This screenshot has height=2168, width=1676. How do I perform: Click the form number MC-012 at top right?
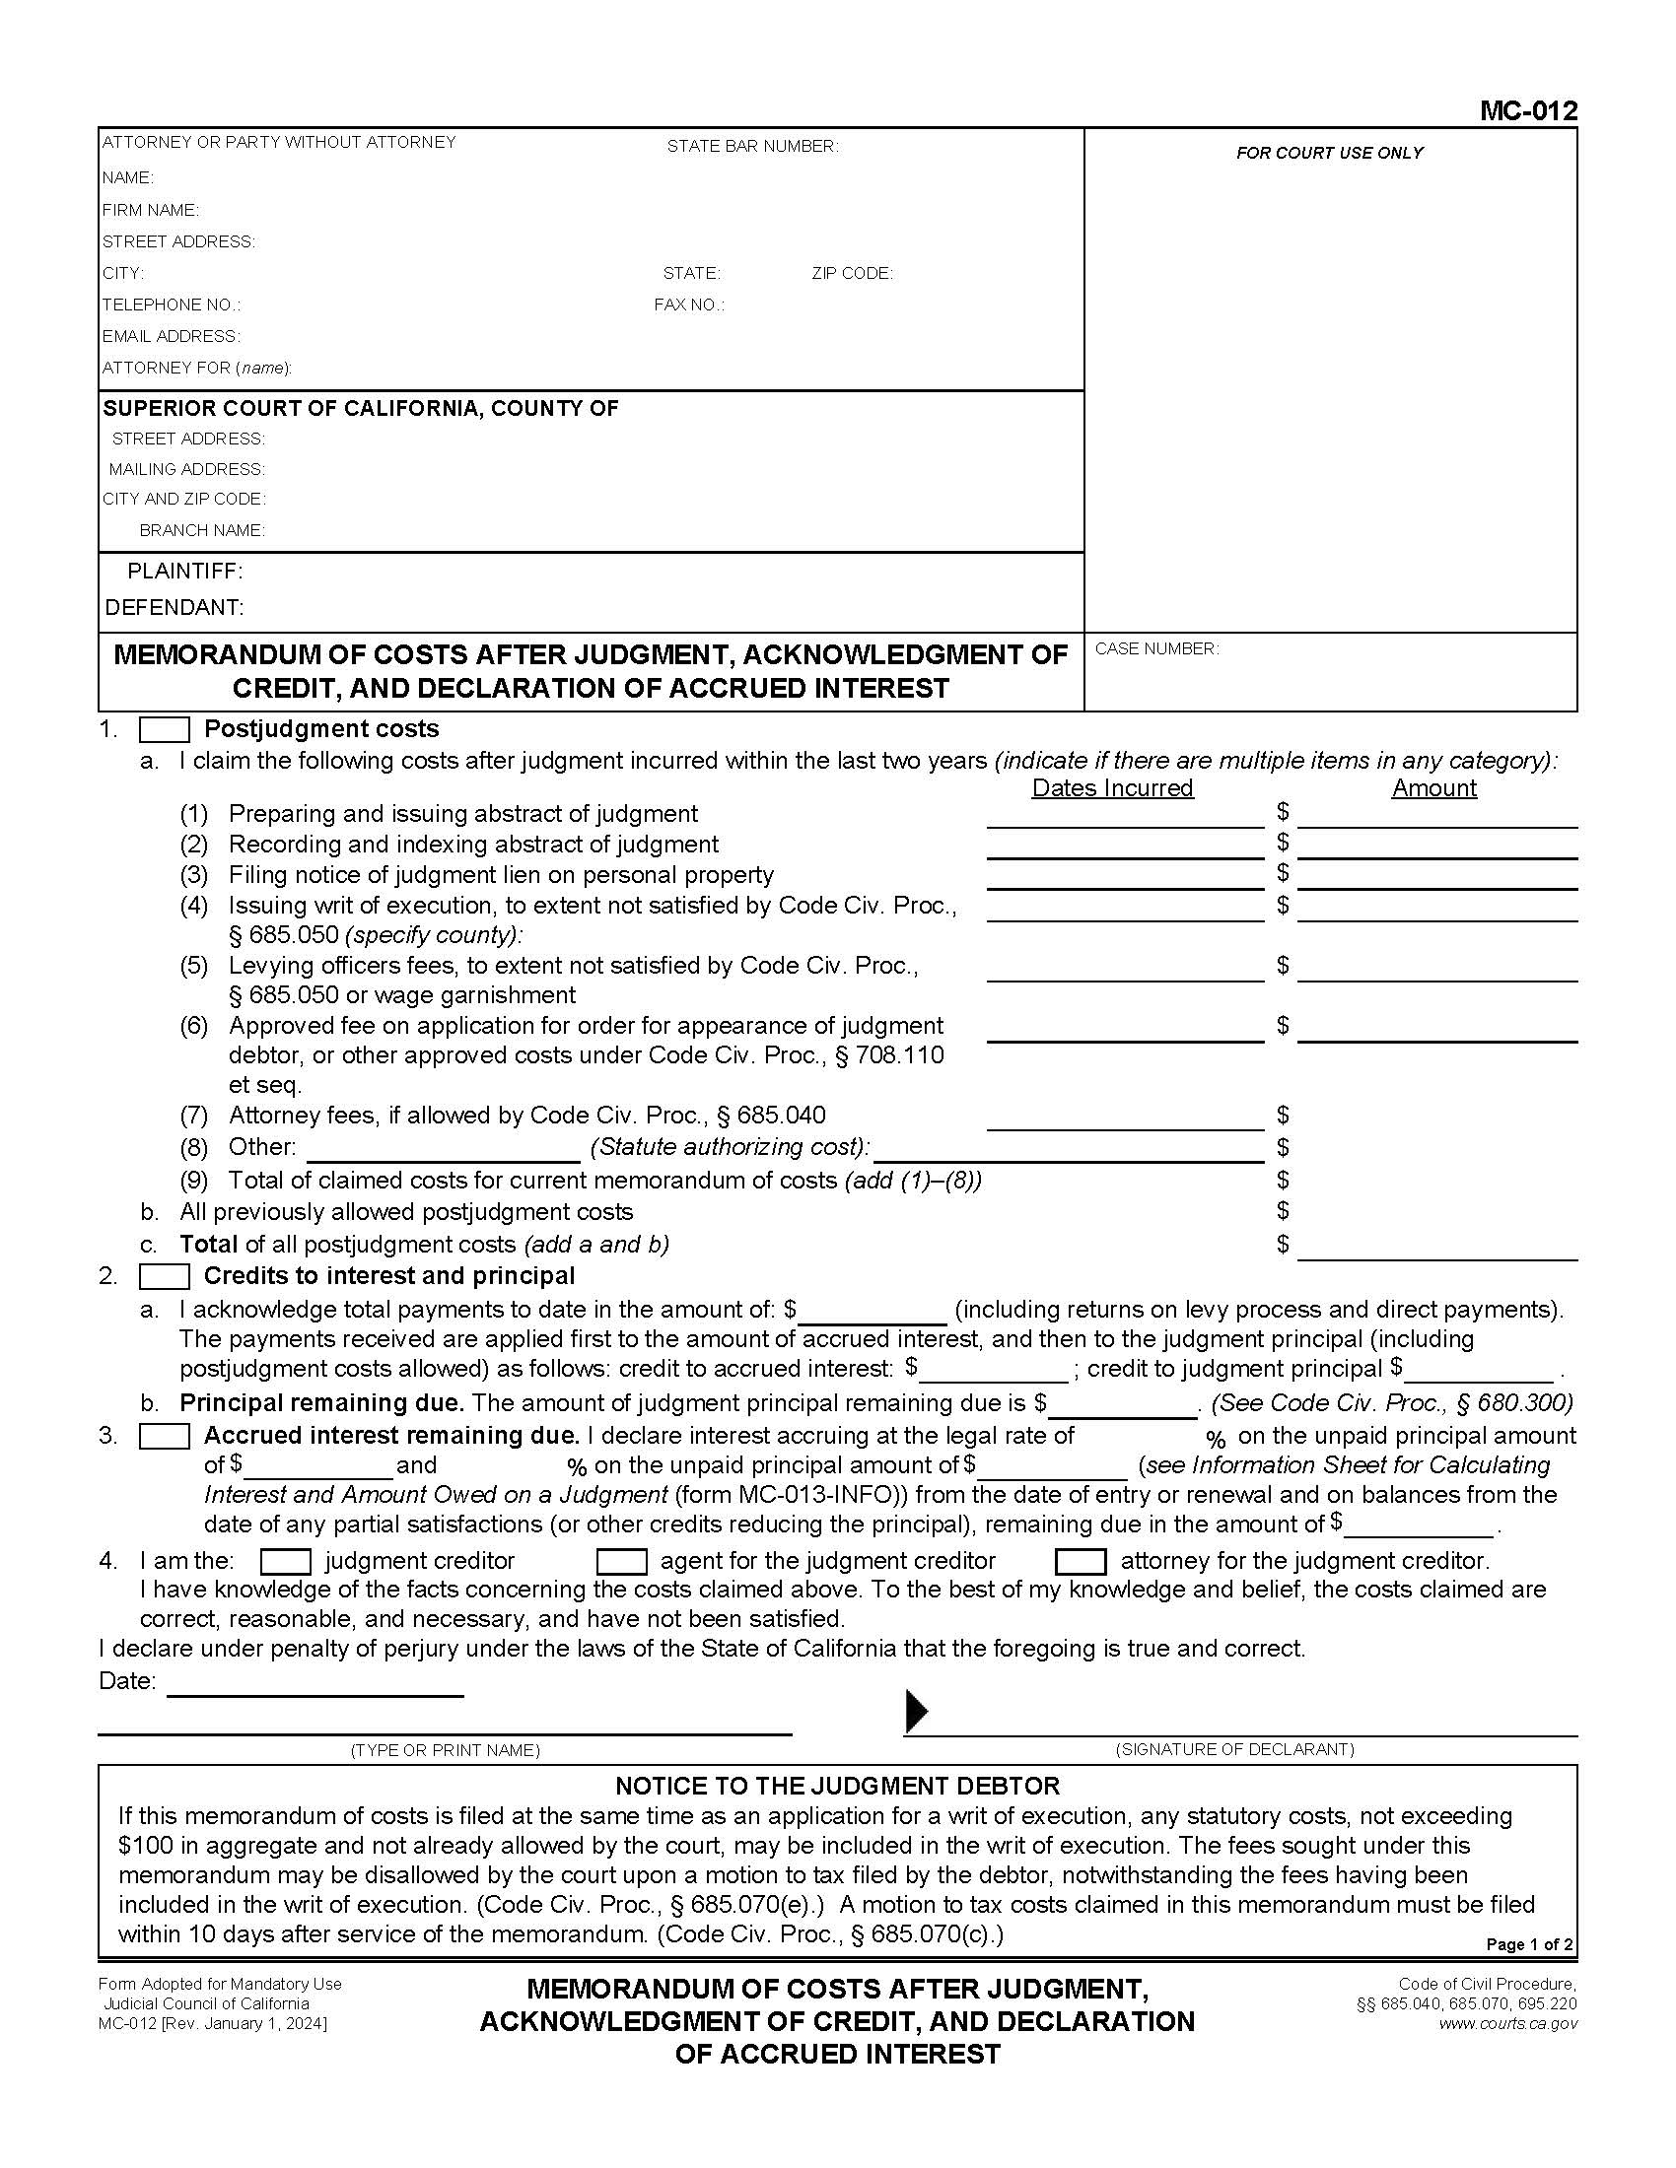(1527, 110)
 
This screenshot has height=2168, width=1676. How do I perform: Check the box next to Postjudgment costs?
(164, 729)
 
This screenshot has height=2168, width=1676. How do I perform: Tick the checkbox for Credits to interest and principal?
(164, 1276)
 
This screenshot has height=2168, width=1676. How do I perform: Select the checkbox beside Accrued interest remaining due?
(164, 1437)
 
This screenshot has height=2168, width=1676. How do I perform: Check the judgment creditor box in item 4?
(285, 1562)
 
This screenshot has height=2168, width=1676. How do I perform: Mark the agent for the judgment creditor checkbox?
(621, 1562)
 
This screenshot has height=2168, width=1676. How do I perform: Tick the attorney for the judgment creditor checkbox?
(1081, 1562)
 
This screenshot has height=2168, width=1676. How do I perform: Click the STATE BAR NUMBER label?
(751, 147)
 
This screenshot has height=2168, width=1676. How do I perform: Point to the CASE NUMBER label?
(1155, 649)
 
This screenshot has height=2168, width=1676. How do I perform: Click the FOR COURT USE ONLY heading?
(1329, 153)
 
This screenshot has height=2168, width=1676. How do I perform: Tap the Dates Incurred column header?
(1112, 788)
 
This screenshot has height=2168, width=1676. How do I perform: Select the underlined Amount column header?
(1432, 788)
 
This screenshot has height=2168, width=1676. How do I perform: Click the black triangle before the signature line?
(917, 1711)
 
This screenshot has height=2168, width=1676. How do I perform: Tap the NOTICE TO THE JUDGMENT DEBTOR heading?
(837, 1786)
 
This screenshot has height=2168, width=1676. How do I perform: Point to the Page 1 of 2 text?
(1528, 1944)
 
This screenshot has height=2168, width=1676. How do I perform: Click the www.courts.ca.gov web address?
(1507, 2024)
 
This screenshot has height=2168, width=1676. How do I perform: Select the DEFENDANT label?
(174, 607)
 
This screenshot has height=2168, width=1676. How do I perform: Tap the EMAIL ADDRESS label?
(171, 336)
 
